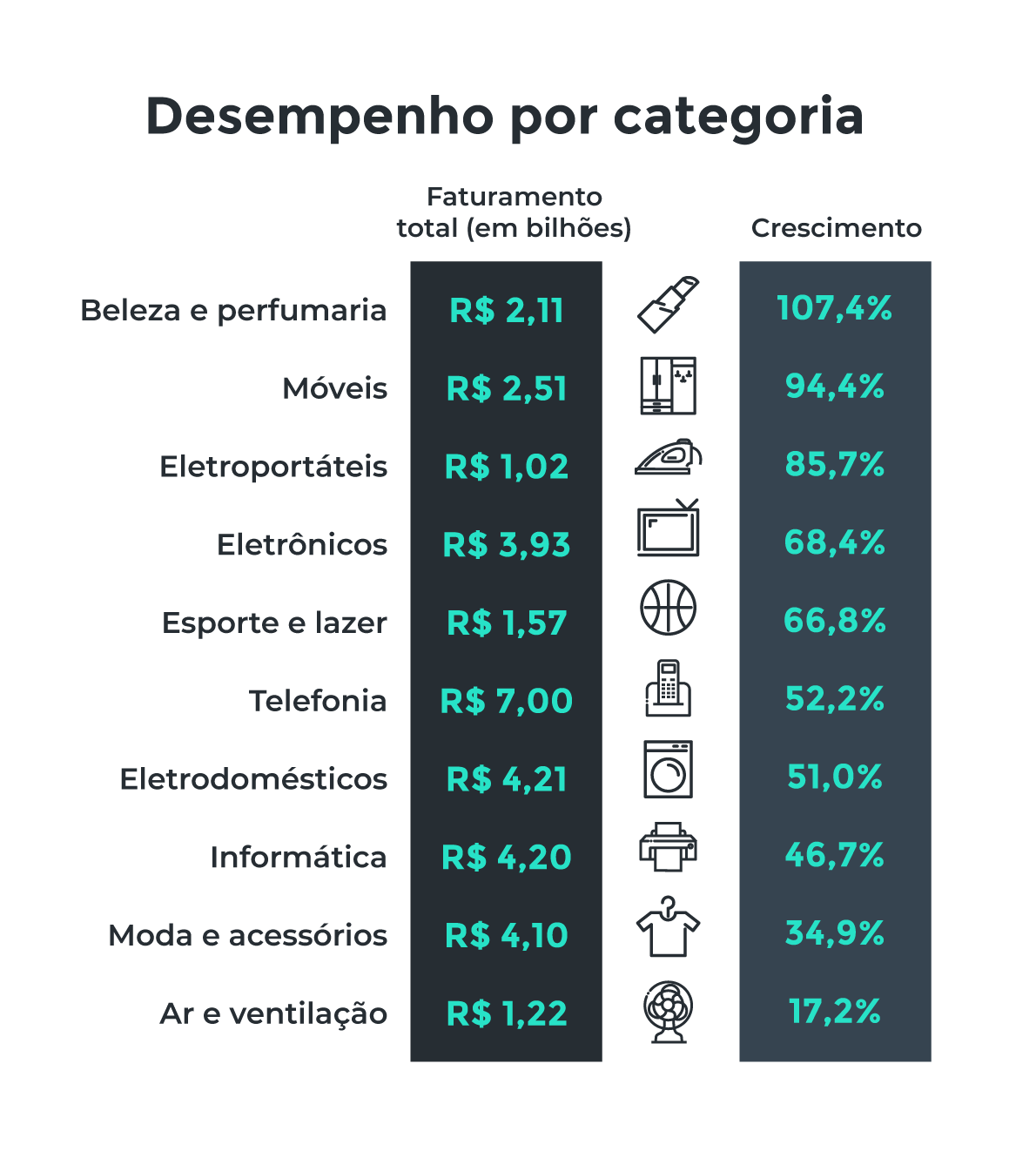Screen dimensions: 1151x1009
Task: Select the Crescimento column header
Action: [836, 228]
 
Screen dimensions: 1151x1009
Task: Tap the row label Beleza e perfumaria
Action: [233, 310]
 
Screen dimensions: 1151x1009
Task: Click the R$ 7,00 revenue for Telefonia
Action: [507, 701]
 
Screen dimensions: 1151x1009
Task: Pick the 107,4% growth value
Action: [834, 308]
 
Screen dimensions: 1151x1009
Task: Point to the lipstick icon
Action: [669, 305]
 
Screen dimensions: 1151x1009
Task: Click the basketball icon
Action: [669, 608]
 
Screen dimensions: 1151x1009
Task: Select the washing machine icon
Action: [668, 770]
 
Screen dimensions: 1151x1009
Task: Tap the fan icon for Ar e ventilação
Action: [668, 1012]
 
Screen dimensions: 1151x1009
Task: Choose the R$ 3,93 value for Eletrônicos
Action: [507, 545]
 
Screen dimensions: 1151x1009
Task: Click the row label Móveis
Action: [334, 388]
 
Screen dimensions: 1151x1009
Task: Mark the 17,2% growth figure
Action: [834, 1012]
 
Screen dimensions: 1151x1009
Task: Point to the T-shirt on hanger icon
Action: [668, 928]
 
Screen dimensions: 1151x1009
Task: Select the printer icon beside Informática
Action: [668, 847]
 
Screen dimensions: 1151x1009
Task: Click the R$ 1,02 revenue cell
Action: [507, 467]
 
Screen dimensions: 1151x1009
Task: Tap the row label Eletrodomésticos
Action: [253, 779]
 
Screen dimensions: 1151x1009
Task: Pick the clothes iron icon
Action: [668, 458]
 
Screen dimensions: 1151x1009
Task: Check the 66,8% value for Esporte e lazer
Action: [834, 621]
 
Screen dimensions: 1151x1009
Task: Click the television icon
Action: [668, 529]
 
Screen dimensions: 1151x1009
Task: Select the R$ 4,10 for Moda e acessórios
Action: [507, 936]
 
